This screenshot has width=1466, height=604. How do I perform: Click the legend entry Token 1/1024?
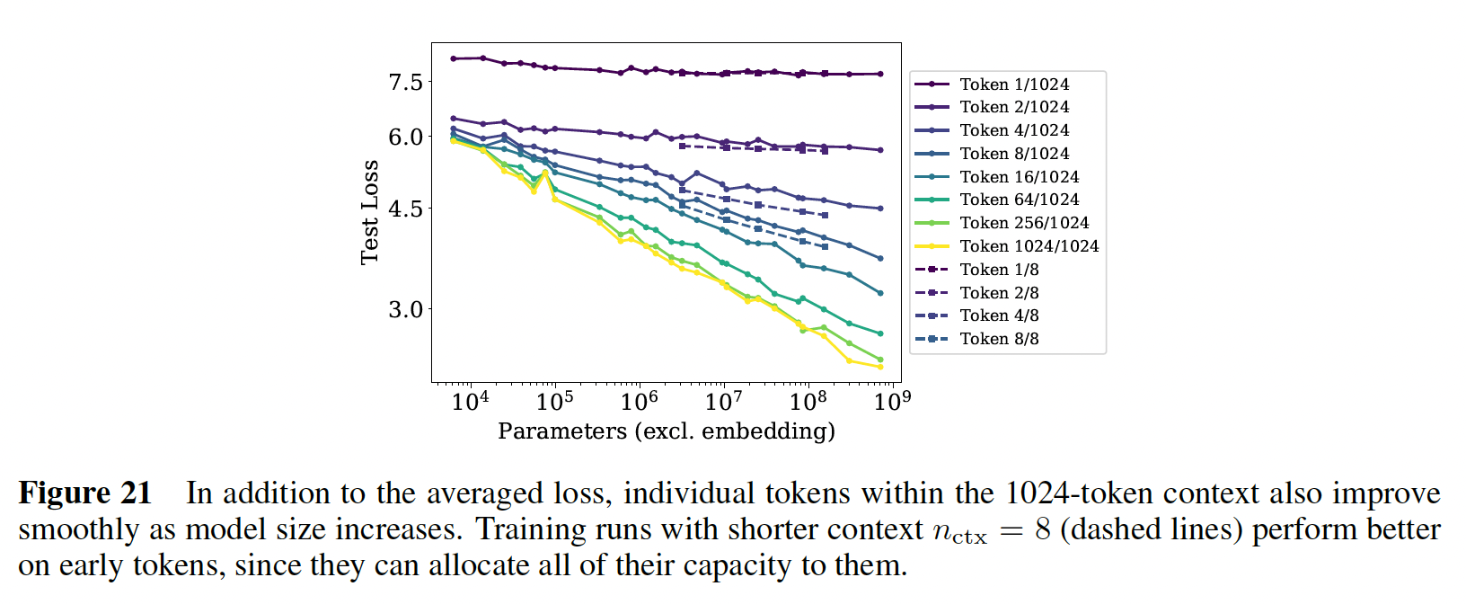point(1013,84)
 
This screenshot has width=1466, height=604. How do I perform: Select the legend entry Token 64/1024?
point(1019,200)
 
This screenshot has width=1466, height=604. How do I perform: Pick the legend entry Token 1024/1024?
point(1029,246)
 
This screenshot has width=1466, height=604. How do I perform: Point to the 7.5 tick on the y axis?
point(405,83)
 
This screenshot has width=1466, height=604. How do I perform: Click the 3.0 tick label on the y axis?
point(405,310)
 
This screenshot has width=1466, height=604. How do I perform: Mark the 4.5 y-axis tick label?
point(405,209)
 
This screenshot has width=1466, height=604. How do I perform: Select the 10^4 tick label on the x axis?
point(470,400)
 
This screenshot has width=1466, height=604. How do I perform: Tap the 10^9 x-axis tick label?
point(892,400)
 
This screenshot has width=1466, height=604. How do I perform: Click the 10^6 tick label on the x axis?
point(639,400)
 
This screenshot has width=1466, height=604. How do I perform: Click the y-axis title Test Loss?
point(369,213)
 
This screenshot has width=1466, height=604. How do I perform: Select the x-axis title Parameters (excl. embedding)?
point(667,431)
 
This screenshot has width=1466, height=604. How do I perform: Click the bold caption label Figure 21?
point(85,493)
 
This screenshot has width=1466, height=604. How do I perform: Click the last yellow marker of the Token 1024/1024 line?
point(880,367)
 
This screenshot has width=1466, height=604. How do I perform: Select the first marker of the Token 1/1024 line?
point(454,58)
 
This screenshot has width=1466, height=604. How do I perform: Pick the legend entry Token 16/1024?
point(1019,177)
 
